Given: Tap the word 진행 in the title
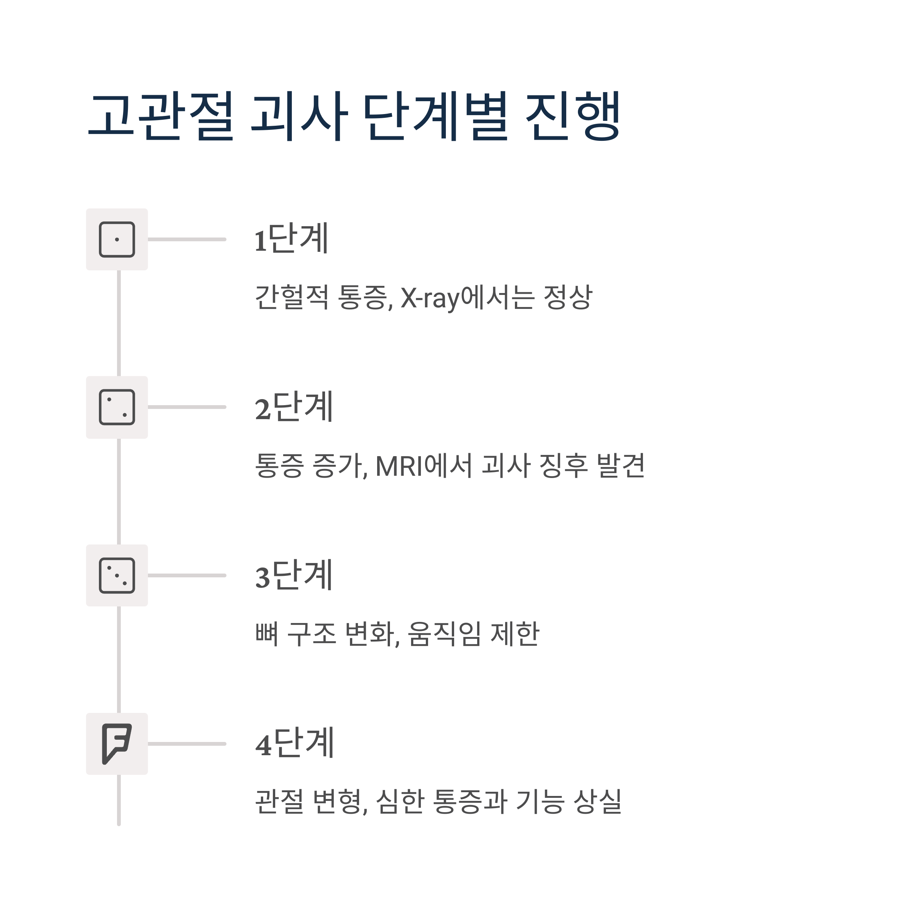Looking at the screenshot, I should (x=573, y=116).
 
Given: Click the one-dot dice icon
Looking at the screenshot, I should (x=117, y=239).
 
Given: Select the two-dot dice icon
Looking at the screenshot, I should (x=117, y=407).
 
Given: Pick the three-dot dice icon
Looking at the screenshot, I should (x=117, y=575).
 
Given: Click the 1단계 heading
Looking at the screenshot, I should (x=291, y=238).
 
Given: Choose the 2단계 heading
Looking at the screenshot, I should (x=294, y=407).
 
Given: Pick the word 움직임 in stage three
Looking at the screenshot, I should (x=444, y=634).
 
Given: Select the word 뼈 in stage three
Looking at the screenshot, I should (x=267, y=634).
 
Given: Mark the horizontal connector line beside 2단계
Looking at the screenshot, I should (x=187, y=407).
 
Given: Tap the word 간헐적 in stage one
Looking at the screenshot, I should (x=291, y=297).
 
